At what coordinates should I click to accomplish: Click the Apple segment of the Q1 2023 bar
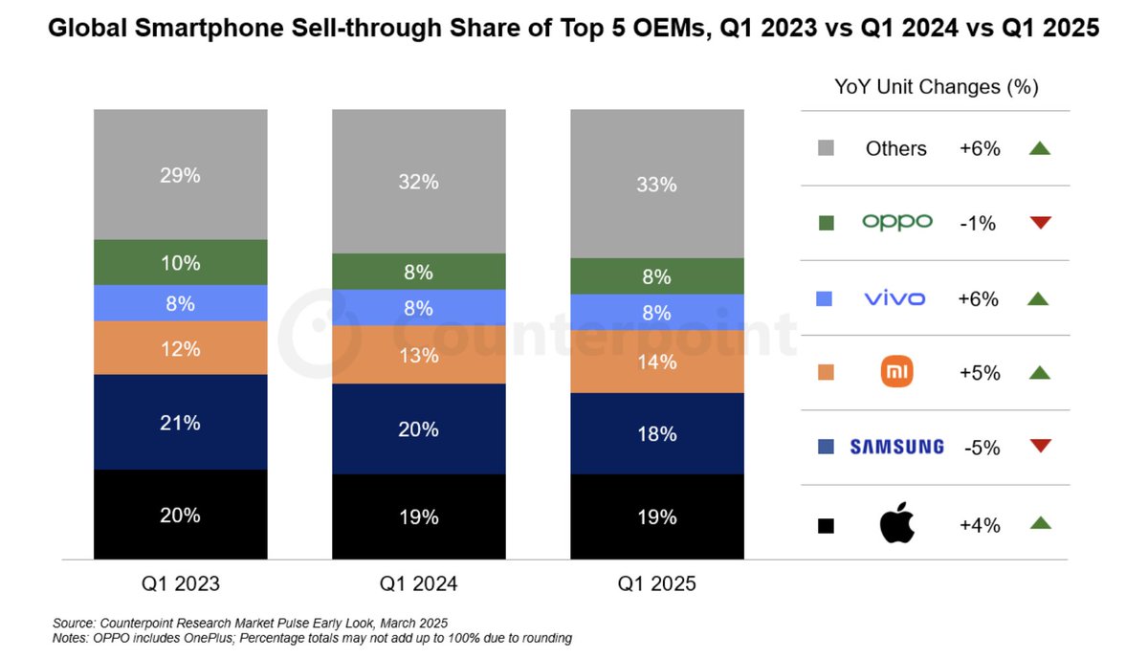[180, 515]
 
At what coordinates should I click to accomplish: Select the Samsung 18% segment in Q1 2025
[657, 433]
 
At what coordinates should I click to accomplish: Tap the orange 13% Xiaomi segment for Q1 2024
[419, 355]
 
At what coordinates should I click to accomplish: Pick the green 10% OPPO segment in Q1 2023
[180, 262]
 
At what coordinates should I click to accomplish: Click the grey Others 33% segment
[657, 184]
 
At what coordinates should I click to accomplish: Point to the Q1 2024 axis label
[419, 584]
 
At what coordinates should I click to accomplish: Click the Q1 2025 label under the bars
[657, 584]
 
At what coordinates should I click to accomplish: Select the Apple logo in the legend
[896, 524]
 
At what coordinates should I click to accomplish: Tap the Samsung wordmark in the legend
[896, 447]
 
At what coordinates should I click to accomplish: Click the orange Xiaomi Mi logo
[896, 372]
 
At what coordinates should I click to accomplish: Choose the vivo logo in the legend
[894, 298]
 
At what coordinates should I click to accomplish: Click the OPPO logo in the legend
[896, 222]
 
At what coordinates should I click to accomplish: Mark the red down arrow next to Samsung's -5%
[1040, 446]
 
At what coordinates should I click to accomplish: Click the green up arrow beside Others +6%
[1040, 148]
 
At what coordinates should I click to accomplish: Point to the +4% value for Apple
[979, 525]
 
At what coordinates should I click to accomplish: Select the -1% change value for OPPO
[977, 224]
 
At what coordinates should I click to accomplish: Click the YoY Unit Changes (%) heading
[936, 87]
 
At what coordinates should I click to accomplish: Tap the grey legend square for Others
[827, 148]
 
